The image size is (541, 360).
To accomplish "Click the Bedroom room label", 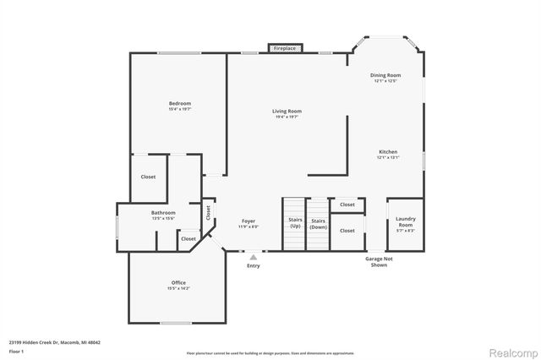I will [179, 103].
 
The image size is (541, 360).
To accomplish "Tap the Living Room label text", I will [287, 111].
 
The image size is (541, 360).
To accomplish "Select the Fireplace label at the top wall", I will [284, 49].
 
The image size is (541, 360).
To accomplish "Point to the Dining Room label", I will [385, 75].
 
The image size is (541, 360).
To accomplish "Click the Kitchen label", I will [387, 152].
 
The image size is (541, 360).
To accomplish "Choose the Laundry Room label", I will [405, 222].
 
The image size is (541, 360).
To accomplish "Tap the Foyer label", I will [249, 221].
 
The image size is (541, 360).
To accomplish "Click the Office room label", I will [178, 282].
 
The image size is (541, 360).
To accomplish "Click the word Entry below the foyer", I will [254, 266].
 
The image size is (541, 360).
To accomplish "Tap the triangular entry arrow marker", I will [253, 257].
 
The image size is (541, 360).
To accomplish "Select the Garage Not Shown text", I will [379, 261].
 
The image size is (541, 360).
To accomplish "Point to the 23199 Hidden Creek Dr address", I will [55, 342].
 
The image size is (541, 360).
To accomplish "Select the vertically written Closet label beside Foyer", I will [208, 213].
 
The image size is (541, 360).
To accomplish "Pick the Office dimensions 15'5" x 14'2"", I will [178, 288].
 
